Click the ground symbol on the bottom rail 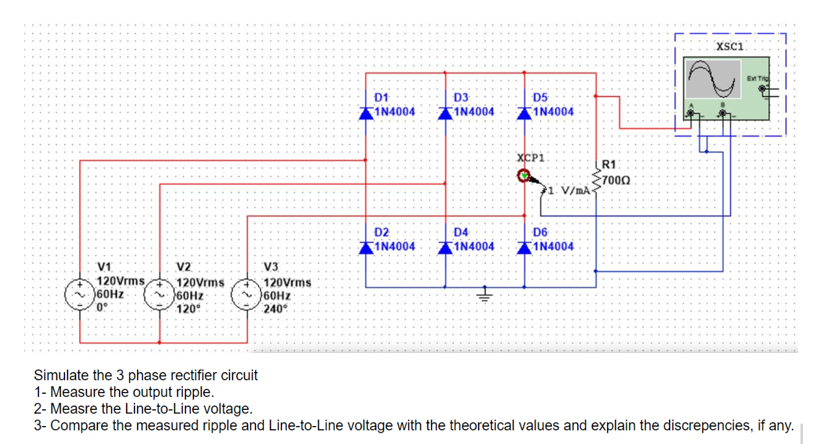[x=486, y=295]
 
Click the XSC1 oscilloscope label [x=732, y=46]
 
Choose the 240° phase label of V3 [x=273, y=309]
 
